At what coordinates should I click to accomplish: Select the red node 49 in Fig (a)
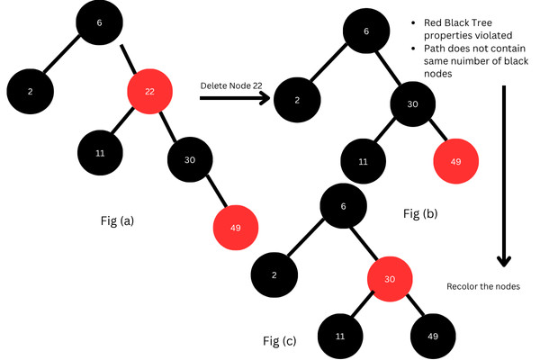pos(235,227)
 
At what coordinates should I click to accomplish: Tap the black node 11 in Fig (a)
pos(100,152)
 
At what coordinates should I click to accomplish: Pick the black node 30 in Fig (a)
pos(189,160)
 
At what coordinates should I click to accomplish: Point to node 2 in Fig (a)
pos(29,92)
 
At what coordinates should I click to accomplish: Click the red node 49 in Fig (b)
pos(455,163)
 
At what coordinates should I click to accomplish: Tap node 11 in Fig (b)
pos(363,163)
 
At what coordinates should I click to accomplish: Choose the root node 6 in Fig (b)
pos(365,31)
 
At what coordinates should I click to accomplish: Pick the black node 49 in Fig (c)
pos(432,335)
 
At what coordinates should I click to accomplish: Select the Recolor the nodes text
pos(482,287)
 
